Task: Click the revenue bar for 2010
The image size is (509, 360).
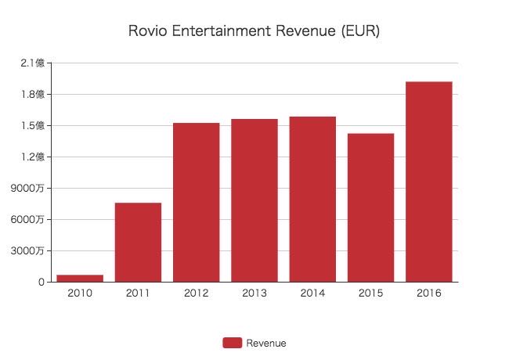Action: tap(80, 278)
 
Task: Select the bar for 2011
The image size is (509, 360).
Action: tap(138, 243)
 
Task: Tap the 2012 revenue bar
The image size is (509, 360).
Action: tap(196, 202)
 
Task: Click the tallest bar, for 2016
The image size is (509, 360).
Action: tap(428, 182)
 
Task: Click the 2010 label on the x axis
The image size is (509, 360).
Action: tap(80, 293)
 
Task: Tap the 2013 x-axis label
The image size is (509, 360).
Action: tap(254, 293)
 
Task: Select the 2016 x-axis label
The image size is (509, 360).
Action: tap(428, 293)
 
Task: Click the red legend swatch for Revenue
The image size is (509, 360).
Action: tap(232, 343)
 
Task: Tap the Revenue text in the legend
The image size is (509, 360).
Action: tap(266, 343)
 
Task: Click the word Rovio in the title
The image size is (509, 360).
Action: tap(144, 31)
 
